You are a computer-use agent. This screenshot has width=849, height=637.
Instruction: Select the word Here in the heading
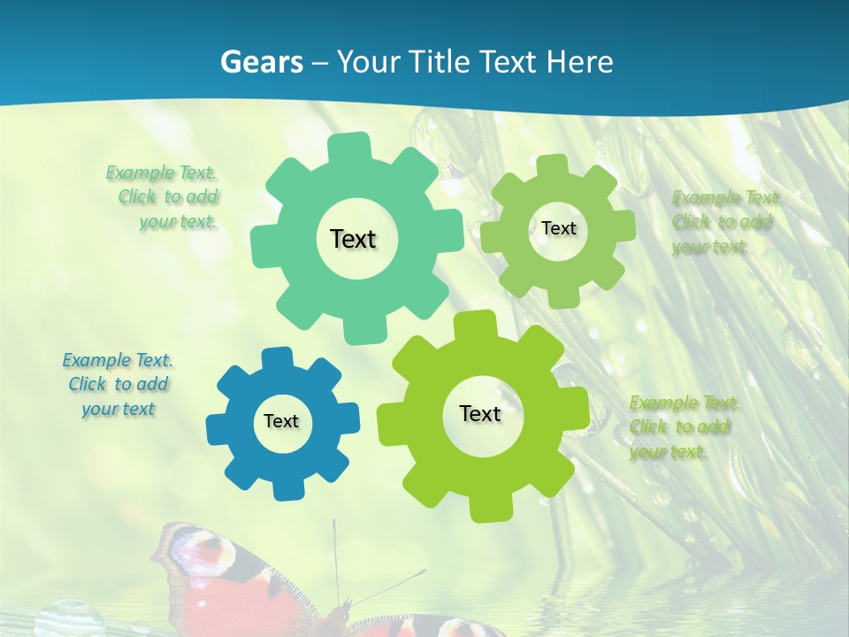tap(580, 62)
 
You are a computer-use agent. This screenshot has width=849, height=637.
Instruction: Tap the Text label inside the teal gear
tap(353, 239)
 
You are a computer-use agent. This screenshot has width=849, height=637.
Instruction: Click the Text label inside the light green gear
tap(558, 228)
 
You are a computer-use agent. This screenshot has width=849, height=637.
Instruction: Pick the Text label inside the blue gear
tap(281, 422)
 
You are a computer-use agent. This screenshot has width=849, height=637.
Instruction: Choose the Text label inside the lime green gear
tap(480, 413)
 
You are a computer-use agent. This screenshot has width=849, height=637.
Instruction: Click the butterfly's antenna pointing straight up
tap(335, 557)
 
